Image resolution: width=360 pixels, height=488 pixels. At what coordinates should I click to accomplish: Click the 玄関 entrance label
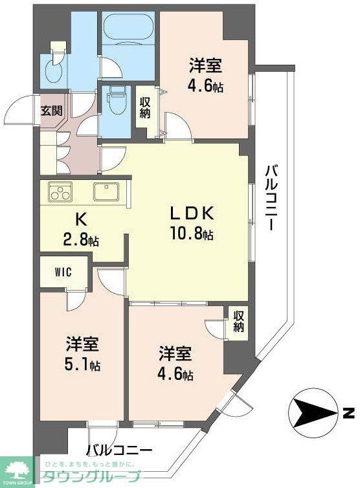coord(52,110)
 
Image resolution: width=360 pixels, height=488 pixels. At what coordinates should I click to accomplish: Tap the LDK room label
coord(192,214)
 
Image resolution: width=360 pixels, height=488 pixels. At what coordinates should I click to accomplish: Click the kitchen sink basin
coord(106,192)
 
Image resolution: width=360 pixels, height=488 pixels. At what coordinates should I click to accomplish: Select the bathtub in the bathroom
coord(128,30)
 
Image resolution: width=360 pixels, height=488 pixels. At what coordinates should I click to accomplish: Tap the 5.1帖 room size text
coord(82,364)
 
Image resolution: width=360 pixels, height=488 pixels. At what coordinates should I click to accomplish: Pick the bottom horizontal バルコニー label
coord(120,450)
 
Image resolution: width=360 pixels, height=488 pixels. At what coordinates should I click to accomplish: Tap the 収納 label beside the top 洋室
coord(144,108)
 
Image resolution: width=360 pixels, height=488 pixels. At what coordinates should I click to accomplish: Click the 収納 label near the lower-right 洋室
coord(238,322)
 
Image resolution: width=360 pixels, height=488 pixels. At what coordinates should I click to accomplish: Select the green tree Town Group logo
coord(19,471)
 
